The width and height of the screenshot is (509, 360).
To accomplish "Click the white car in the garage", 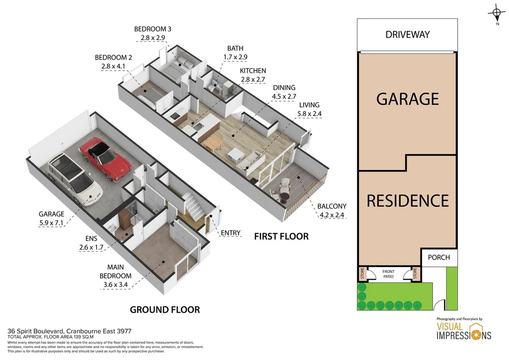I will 75,178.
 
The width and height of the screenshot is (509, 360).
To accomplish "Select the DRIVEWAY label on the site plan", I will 408,35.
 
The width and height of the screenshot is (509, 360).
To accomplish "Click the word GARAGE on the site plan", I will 408,99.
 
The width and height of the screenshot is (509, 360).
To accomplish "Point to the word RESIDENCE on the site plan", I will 408,201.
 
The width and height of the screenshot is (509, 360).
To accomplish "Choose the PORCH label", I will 439,258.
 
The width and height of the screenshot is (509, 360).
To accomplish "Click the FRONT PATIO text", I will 389,274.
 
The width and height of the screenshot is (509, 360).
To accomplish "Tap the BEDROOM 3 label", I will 153,29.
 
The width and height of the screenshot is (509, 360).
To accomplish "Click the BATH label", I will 236,48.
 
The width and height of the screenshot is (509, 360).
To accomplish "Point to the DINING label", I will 284,88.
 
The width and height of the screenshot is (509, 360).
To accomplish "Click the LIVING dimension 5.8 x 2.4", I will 309,114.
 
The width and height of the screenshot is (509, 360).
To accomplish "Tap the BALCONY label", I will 333,206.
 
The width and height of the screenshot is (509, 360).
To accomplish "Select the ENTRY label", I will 231,233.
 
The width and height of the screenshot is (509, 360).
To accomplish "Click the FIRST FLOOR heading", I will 281,236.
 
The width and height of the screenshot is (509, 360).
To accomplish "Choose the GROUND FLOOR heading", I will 165,310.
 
